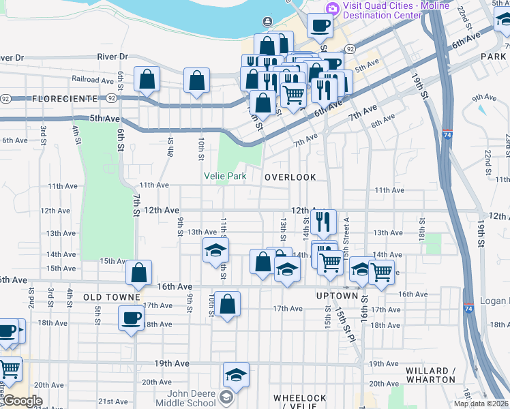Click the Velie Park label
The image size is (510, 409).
pyautogui.click(x=225, y=177)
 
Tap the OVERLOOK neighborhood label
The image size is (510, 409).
pyautogui.click(x=290, y=177)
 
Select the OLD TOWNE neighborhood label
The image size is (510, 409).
pyautogui.click(x=111, y=298)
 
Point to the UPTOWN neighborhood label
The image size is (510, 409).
pyautogui.click(x=337, y=297)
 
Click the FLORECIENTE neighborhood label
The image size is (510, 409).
pyautogui.click(x=65, y=99)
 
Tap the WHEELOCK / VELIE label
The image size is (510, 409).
pyautogui.click(x=300, y=402)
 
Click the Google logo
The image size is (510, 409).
pyautogui.click(x=22, y=401)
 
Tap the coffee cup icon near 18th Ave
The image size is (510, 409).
pyautogui.click(x=131, y=317)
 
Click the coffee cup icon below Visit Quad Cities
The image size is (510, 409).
pyautogui.click(x=319, y=26)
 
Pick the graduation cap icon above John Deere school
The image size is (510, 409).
pyautogui.click(x=236, y=374)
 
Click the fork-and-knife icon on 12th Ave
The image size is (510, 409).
pyautogui.click(x=323, y=221)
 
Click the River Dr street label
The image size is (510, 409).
pyautogui.click(x=112, y=57)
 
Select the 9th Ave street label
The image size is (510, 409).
pyautogui.click(x=483, y=97)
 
